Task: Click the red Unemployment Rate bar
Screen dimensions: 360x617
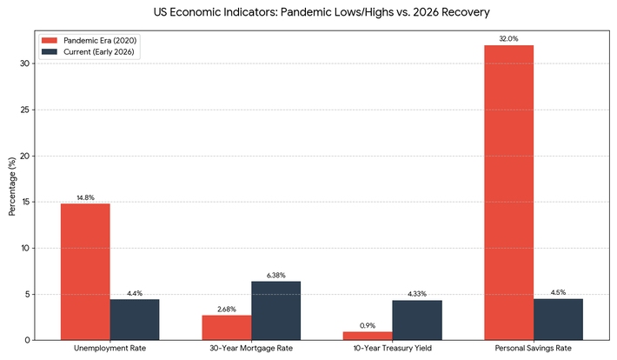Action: click(x=85, y=271)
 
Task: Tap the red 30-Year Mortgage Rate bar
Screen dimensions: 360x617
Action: click(x=227, y=327)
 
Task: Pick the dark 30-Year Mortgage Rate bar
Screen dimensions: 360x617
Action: click(x=276, y=310)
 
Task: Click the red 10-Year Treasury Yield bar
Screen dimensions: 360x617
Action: click(x=368, y=336)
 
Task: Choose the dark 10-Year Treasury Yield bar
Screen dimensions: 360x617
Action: click(x=418, y=320)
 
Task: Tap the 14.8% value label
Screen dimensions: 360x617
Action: click(x=85, y=197)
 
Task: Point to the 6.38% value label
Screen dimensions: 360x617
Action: click(x=276, y=275)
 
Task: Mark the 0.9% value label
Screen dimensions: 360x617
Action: click(x=368, y=325)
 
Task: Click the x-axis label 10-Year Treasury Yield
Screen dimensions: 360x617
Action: click(x=393, y=350)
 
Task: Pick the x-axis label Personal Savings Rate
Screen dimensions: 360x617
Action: click(x=534, y=350)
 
